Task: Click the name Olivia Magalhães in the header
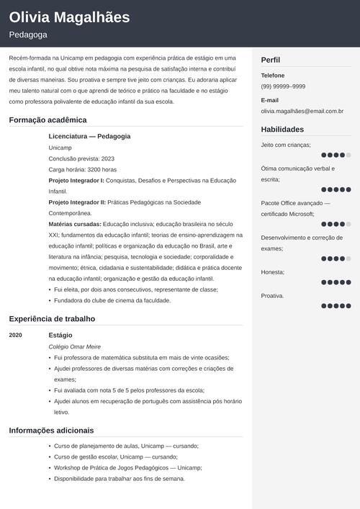[x=70, y=17]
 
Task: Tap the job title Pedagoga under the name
[x=29, y=35]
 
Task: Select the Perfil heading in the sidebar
[x=271, y=60]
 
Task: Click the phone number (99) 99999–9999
[x=283, y=86]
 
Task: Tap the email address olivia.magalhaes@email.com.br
[x=302, y=112]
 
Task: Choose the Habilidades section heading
[x=282, y=130]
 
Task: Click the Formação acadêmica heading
[x=48, y=120]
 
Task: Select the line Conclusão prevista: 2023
[x=81, y=158]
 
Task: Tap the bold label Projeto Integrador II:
[x=77, y=202]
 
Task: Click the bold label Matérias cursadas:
[x=75, y=224]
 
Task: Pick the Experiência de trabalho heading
[x=52, y=319]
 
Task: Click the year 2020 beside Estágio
[x=16, y=335]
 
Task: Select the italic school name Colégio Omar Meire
[x=74, y=347]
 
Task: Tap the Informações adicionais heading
[x=51, y=431]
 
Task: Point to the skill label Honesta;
[x=273, y=272]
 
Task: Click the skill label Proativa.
[x=272, y=295]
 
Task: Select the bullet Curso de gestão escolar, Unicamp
[x=115, y=456]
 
